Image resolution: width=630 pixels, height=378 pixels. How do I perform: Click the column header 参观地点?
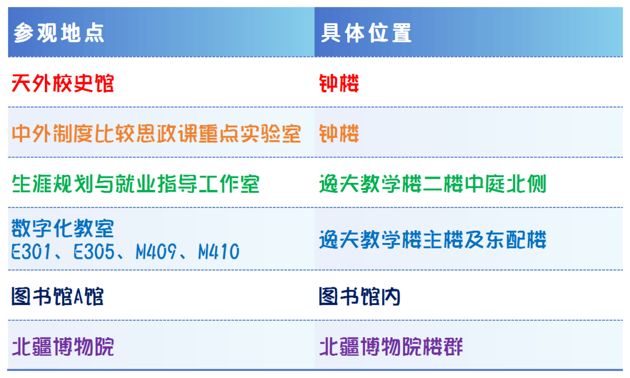pyautogui.click(x=59, y=33)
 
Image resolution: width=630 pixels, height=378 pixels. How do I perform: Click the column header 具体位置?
pyautogui.click(x=366, y=33)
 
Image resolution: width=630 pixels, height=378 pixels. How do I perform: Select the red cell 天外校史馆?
pyautogui.click(x=62, y=84)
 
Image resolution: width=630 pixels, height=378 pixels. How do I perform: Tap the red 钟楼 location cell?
pyautogui.click(x=339, y=84)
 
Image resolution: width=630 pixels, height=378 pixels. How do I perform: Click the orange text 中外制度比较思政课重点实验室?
pyautogui.click(x=156, y=134)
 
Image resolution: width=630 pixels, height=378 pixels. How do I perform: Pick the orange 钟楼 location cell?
pyautogui.click(x=339, y=134)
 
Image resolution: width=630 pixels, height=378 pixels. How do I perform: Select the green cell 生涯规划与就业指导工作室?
pyautogui.click(x=135, y=184)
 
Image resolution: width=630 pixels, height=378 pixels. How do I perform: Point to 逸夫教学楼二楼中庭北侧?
pyautogui.click(x=433, y=184)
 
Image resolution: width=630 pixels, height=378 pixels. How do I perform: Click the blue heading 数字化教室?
pyautogui.click(x=62, y=228)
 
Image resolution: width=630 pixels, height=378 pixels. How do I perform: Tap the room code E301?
pyautogui.click(x=32, y=252)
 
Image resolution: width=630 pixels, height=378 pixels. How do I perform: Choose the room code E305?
pyautogui.click(x=94, y=252)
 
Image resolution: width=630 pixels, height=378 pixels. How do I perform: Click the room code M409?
pyautogui.click(x=156, y=252)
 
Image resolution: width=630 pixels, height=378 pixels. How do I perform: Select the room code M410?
pyautogui.click(x=219, y=252)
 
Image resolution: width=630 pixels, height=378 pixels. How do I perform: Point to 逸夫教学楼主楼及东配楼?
pyautogui.click(x=433, y=240)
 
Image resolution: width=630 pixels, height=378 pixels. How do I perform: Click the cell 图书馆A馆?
pyautogui.click(x=57, y=297)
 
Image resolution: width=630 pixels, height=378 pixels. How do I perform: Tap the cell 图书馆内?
pyautogui.click(x=359, y=297)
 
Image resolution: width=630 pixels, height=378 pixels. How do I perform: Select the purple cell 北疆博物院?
pyautogui.click(x=62, y=346)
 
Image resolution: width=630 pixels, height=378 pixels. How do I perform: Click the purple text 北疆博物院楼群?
pyautogui.click(x=391, y=346)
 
